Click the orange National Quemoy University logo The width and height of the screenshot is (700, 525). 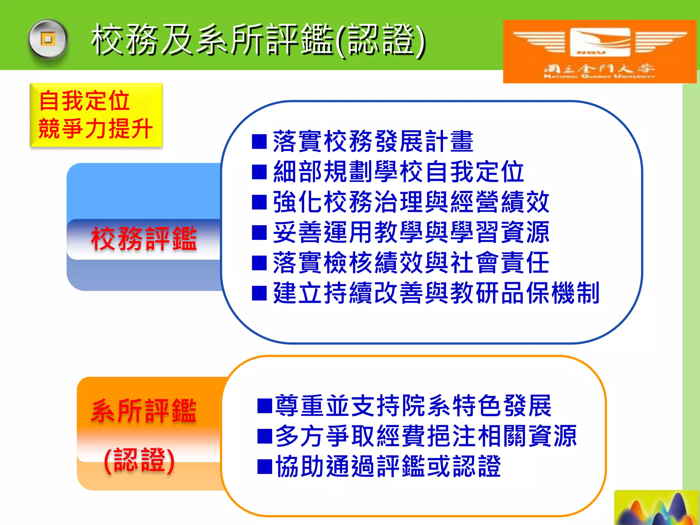click(x=600, y=51)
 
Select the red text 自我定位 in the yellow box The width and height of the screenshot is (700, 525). click(x=84, y=101)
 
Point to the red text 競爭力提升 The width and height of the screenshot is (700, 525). click(x=95, y=129)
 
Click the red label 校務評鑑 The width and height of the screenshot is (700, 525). click(x=144, y=239)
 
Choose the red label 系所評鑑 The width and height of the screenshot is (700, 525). click(x=144, y=410)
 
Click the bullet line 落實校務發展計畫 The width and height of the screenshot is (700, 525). click(x=373, y=142)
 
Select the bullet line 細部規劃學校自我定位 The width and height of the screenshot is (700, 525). click(x=399, y=172)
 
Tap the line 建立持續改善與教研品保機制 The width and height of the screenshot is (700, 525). click(x=436, y=293)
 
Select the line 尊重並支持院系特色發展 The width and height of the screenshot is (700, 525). click(x=413, y=406)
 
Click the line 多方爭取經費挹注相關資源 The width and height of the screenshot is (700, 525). click(x=426, y=436)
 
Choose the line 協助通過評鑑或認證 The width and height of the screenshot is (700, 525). click(x=388, y=467)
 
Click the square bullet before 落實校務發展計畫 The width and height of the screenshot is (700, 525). click(x=259, y=142)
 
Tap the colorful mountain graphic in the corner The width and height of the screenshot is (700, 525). click(x=656, y=508)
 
